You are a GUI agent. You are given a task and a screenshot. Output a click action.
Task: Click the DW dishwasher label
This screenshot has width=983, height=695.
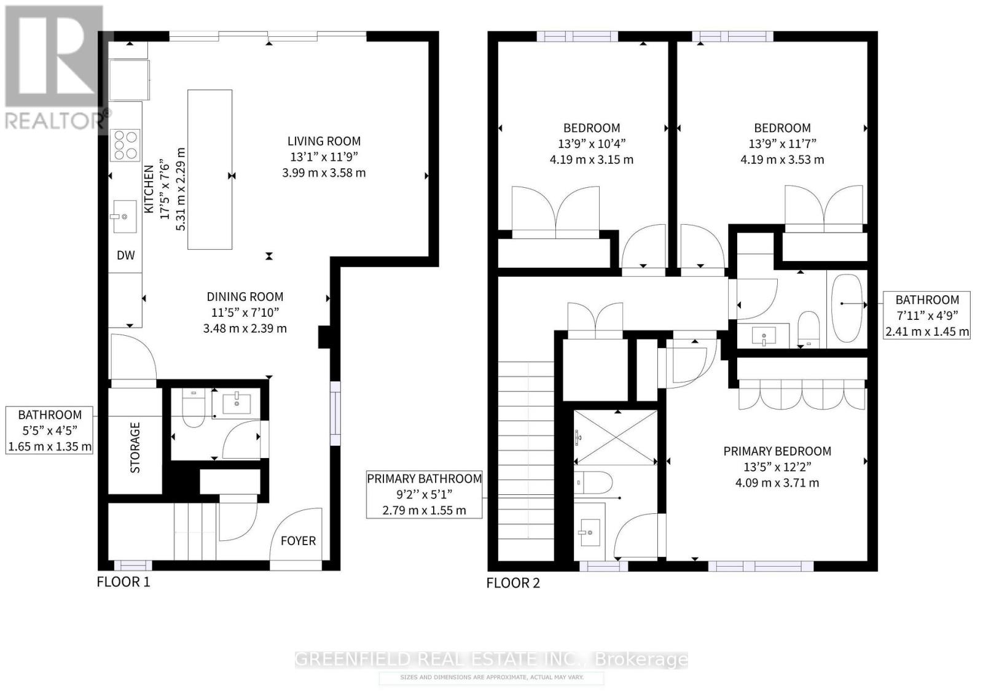(126, 255)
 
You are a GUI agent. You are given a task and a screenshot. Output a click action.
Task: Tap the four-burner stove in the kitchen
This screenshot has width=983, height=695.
(125, 146)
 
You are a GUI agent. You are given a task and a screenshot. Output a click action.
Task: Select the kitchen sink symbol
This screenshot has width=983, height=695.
(125, 217)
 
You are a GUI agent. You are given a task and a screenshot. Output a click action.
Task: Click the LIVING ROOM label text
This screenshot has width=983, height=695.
(324, 141)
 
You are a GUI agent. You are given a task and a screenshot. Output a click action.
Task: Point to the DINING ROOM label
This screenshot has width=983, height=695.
(245, 297)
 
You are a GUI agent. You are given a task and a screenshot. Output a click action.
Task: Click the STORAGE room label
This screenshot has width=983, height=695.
(135, 448)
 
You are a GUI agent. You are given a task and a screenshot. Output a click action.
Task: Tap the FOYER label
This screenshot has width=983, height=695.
(298, 541)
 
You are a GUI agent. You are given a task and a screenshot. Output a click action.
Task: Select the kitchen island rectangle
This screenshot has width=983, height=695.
(210, 169)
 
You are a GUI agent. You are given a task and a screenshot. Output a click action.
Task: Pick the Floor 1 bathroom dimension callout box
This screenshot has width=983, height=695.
(50, 430)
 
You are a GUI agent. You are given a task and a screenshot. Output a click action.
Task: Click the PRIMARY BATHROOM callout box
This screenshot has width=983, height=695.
(424, 494)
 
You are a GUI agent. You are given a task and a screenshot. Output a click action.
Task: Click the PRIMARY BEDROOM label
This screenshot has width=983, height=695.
(777, 451)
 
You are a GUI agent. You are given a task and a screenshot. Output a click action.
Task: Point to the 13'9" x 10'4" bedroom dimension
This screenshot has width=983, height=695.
(592, 144)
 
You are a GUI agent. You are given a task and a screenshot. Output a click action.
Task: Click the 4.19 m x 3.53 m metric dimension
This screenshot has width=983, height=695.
(782, 160)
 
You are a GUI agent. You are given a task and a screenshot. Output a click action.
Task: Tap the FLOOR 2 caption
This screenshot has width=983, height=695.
(513, 583)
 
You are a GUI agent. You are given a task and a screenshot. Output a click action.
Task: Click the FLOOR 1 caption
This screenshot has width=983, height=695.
(123, 582)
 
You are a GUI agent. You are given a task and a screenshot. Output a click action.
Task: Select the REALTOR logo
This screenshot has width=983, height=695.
(54, 68)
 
